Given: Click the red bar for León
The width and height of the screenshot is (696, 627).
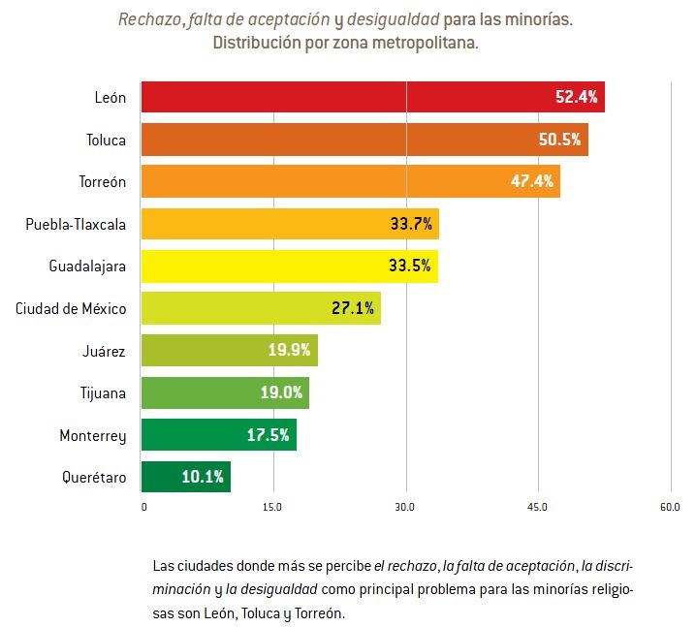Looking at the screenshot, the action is [x=373, y=97].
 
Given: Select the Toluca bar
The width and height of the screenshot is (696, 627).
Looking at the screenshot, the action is [x=364, y=140].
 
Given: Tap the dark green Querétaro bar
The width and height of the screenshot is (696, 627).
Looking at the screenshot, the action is [x=186, y=477].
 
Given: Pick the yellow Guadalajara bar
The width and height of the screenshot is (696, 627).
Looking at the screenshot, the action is [x=290, y=266].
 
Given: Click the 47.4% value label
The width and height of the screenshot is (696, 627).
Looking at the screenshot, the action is [x=532, y=181].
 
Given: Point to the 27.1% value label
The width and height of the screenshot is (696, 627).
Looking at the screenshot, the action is [x=353, y=308].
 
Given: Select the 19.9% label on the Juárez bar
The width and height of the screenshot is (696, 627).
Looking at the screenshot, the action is [x=289, y=350].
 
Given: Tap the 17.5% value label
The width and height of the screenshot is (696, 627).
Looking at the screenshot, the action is [x=269, y=434].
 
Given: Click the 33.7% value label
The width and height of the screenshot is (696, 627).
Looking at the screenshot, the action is [x=411, y=223].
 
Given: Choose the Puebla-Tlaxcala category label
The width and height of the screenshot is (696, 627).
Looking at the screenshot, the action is [x=76, y=224].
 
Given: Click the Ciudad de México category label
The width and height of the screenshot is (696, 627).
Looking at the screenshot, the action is [x=71, y=308].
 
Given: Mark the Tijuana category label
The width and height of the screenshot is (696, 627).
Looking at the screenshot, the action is [x=103, y=393].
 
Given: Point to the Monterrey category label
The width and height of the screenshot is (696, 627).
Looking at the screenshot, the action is [x=93, y=436].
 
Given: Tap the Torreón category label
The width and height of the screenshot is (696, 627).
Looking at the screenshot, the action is [x=103, y=182].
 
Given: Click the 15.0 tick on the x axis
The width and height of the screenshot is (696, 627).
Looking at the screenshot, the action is [x=272, y=507].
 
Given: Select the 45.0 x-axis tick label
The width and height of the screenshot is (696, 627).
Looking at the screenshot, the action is [x=537, y=507].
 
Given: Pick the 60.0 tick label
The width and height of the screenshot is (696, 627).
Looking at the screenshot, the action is [x=670, y=507].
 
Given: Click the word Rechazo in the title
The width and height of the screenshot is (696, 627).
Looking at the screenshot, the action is [x=150, y=19].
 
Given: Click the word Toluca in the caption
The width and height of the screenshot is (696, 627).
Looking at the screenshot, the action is [x=260, y=613].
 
